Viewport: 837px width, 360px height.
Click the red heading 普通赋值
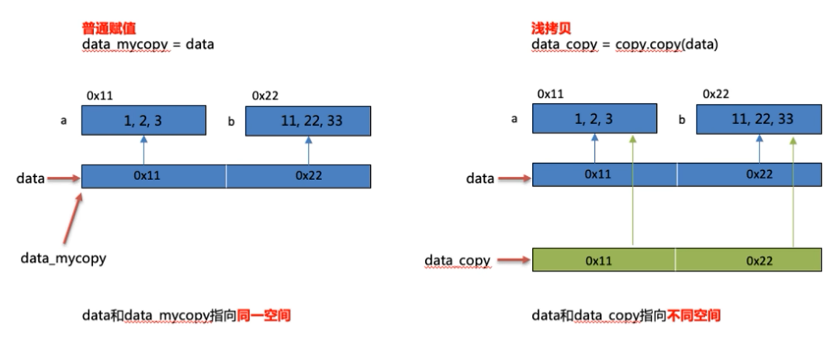pos(105,31)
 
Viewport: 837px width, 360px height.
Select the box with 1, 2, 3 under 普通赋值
pos(144,119)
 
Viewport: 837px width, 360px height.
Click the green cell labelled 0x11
pos(604,260)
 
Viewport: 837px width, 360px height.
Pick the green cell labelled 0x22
pos(748,260)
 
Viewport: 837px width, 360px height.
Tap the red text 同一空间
pos(266,317)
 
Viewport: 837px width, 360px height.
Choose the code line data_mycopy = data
pos(148,46)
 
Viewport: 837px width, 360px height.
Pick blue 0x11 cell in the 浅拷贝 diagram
pos(604,176)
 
